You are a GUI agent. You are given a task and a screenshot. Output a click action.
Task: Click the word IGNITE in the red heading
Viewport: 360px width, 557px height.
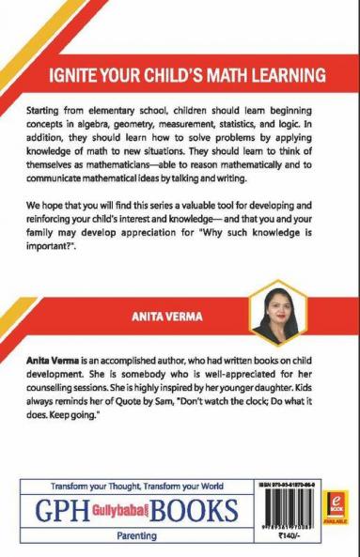click(70, 73)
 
